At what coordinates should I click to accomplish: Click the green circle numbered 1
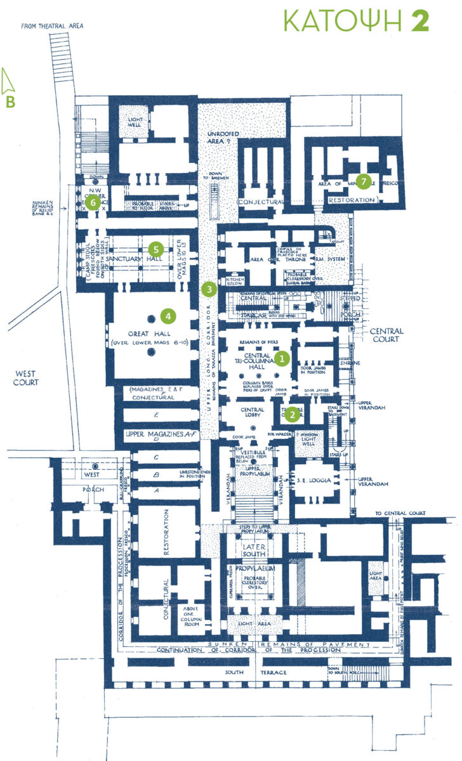pos(283,358)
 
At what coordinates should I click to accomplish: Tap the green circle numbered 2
pos(291,415)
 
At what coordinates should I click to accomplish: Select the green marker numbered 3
pos(209,289)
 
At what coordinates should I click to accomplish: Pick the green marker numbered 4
pos(168,315)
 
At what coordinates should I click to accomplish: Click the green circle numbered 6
pos(93,203)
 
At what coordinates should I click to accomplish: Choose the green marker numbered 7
pos(362,181)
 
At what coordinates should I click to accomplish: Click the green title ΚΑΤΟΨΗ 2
pos(357,20)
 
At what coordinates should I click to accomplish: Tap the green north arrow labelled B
pos(10,89)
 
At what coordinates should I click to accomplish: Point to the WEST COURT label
pos(26,379)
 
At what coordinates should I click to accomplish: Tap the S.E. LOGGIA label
pos(311,481)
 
